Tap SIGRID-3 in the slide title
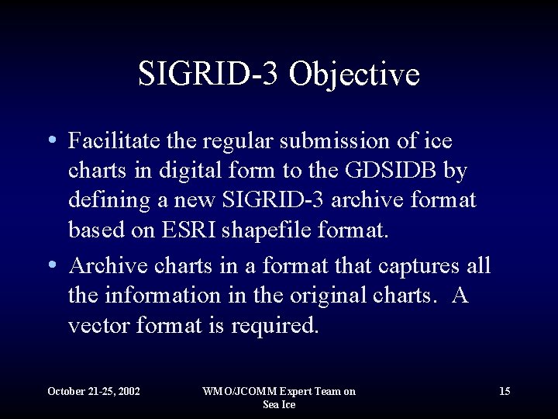tap(212, 74)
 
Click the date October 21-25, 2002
tap(94, 391)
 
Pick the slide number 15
tap(505, 391)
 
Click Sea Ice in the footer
tap(279, 404)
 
